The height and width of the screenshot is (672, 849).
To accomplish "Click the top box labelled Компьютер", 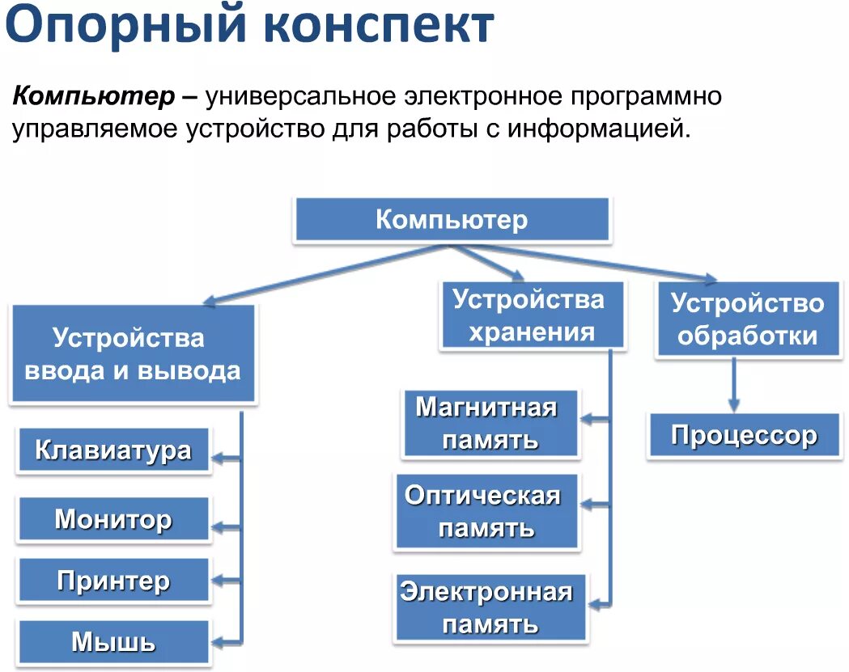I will (x=451, y=219).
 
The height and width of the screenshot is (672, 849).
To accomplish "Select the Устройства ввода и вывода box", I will (x=133, y=353).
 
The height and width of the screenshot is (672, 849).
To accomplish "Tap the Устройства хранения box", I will (x=532, y=315).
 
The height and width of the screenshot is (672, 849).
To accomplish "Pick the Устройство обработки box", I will (x=747, y=319).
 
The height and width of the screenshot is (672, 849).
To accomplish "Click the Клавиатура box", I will (x=113, y=450).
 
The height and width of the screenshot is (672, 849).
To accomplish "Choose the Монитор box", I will (x=113, y=518).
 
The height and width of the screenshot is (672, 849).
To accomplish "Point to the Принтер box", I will (x=113, y=581).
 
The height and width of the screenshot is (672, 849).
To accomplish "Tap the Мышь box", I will (x=113, y=642).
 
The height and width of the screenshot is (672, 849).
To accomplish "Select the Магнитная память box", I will (x=489, y=424).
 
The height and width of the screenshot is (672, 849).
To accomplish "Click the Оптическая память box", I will (x=486, y=512).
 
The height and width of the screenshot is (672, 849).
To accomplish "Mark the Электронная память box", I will (x=489, y=607).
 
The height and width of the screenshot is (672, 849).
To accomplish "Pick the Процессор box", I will (x=744, y=437).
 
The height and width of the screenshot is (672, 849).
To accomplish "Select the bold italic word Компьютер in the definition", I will (x=94, y=97).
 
